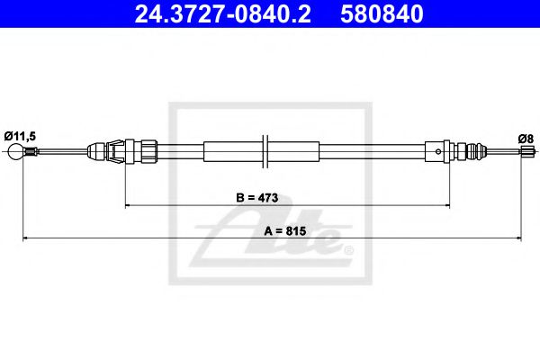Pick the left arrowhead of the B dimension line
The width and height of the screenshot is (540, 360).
click(x=128, y=206)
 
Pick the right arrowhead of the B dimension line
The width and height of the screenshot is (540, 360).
click(x=446, y=206)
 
